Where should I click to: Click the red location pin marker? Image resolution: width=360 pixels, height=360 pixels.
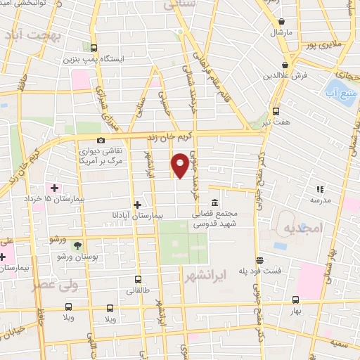point(181,165)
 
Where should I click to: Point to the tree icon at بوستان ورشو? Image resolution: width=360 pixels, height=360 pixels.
point(77,245)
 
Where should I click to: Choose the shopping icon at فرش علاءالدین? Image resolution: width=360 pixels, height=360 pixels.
point(286,66)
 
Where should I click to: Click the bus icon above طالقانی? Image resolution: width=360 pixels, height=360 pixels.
point(138,279)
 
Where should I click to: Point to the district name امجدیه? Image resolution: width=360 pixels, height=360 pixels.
point(302,229)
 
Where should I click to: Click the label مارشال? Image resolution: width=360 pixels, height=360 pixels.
point(279,32)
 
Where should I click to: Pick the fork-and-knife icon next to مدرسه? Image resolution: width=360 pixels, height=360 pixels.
point(320,188)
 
